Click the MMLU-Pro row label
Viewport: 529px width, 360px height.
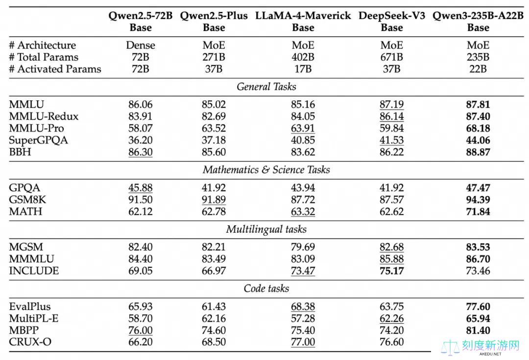pyautogui.click(x=36, y=128)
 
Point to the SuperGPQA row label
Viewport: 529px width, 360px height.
pyautogui.click(x=39, y=141)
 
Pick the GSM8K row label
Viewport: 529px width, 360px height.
pyautogui.click(x=27, y=199)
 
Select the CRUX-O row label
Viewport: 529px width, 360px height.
pyautogui.click(x=30, y=342)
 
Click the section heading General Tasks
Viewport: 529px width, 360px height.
pyautogui.click(x=266, y=87)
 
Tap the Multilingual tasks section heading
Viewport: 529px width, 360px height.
pyautogui.click(x=266, y=229)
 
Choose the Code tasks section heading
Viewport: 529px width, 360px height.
pyautogui.click(x=266, y=288)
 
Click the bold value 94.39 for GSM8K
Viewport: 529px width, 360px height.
pyautogui.click(x=478, y=199)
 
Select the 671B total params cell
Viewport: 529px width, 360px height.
pyautogui.click(x=391, y=57)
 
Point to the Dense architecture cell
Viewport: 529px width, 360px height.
pyautogui.click(x=141, y=45)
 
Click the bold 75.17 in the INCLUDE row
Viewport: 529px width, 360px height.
pyautogui.click(x=391, y=270)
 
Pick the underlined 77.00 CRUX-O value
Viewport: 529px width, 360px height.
pyautogui.click(x=303, y=342)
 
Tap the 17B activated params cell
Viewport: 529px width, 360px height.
pyautogui.click(x=303, y=69)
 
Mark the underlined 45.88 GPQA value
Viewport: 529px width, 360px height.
pyautogui.click(x=141, y=188)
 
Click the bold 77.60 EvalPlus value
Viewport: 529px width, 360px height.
pyautogui.click(x=478, y=306)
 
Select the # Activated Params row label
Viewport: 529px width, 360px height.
pyautogui.click(x=55, y=69)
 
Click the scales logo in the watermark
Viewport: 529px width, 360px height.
pyautogui.click(x=450, y=347)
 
